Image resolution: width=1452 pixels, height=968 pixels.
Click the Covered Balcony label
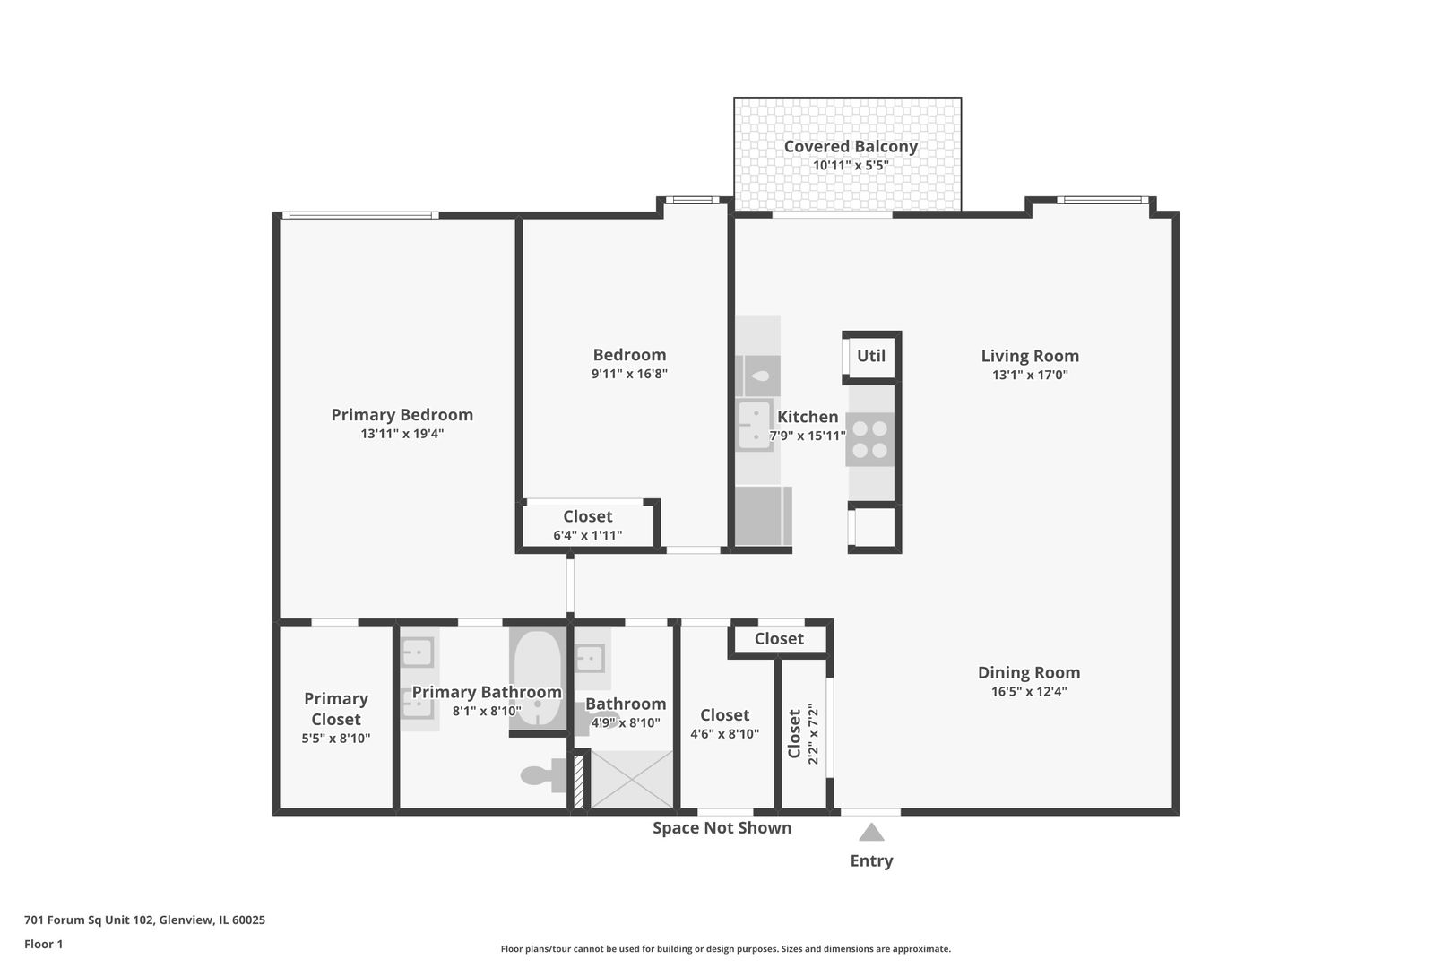[x=851, y=146]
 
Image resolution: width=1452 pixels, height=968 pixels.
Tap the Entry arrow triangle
[x=871, y=833]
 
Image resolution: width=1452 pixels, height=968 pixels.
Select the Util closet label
[x=870, y=356]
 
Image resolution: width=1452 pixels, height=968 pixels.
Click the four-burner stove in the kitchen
[x=869, y=439]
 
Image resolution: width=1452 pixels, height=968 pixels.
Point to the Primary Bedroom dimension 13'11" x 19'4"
[x=402, y=434]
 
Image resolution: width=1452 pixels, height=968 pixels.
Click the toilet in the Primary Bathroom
[x=541, y=774]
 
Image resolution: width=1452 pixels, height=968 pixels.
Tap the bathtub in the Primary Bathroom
[x=537, y=678]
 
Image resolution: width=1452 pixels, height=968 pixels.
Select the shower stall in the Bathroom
[x=631, y=779]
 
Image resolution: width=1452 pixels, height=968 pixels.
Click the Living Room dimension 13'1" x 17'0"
[x=1029, y=376]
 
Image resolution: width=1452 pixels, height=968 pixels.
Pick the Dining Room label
[x=1028, y=672]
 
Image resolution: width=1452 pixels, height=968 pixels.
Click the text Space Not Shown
[x=722, y=828]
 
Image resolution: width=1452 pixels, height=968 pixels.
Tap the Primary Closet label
[x=335, y=708]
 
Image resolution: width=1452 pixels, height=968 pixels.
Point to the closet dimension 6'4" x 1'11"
[x=587, y=536]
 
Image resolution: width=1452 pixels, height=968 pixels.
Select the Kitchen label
[x=808, y=417]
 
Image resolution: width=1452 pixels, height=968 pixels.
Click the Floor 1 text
[x=43, y=944]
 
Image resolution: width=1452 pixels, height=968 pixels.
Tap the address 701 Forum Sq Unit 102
[x=144, y=920]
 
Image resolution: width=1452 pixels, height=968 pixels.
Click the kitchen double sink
[x=754, y=425]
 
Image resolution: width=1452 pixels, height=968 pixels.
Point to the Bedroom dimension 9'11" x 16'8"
[x=629, y=374]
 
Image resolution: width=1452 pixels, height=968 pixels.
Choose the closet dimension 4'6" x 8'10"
[x=724, y=734]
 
